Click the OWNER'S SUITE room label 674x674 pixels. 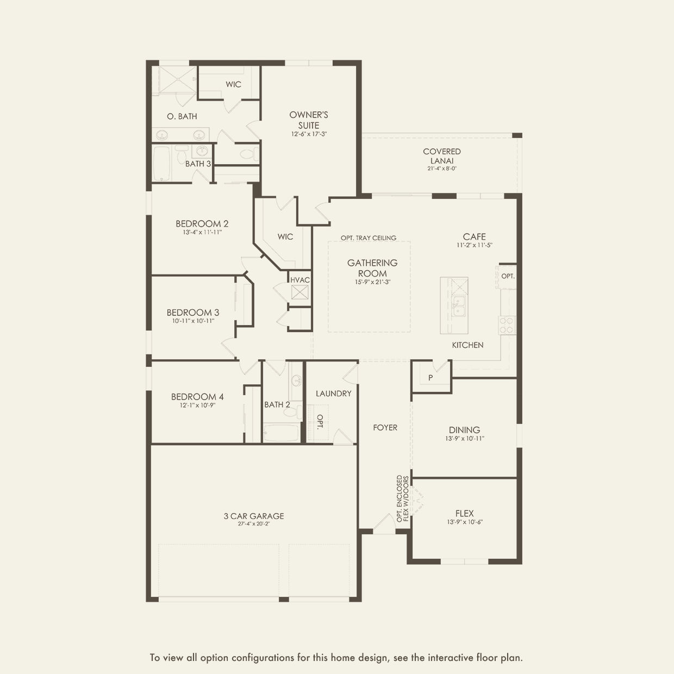click(x=309, y=120)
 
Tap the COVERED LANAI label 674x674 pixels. click(x=442, y=156)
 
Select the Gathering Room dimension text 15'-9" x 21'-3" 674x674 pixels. click(x=372, y=282)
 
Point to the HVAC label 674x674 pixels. click(x=299, y=280)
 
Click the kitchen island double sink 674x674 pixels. click(x=459, y=305)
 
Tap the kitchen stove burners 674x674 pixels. click(x=507, y=325)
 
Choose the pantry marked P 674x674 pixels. click(x=430, y=378)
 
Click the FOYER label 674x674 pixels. click(x=385, y=427)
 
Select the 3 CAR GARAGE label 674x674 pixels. click(x=254, y=516)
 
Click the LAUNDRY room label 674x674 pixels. click(x=333, y=394)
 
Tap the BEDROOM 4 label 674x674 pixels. click(x=197, y=397)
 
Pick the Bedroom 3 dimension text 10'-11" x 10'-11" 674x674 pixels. click(x=193, y=321)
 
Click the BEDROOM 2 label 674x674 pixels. click(x=202, y=223)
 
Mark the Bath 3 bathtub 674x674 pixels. click(x=162, y=163)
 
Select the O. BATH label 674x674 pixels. click(x=182, y=116)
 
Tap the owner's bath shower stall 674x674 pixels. click(x=177, y=80)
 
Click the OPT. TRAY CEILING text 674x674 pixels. click(x=369, y=238)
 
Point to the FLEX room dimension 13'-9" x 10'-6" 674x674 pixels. click(x=465, y=522)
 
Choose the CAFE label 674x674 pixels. click(x=475, y=236)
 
